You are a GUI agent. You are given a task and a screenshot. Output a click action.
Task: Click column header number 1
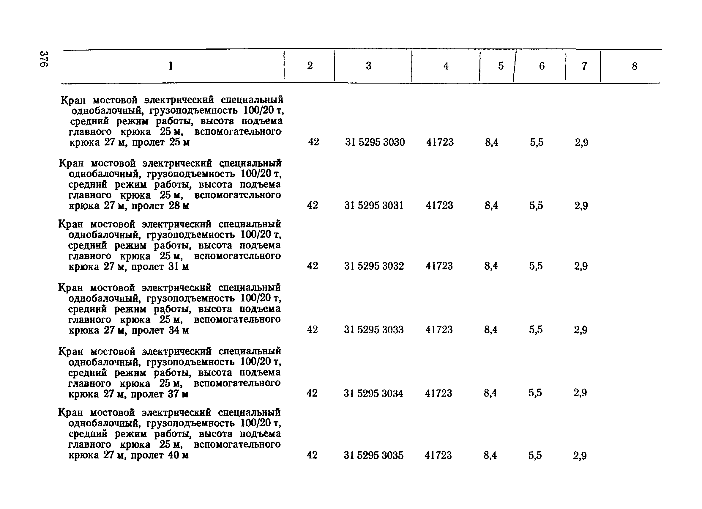(x=171, y=66)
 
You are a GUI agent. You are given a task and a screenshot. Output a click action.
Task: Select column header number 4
(x=446, y=66)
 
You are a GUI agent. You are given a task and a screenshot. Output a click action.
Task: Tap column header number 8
(x=635, y=66)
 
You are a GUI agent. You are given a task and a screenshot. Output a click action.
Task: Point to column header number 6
(x=542, y=66)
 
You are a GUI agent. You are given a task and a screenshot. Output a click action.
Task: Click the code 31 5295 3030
(x=375, y=142)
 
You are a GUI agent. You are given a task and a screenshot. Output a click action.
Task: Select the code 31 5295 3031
(x=374, y=205)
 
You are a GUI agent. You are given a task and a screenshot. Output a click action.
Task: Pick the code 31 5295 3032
(x=374, y=266)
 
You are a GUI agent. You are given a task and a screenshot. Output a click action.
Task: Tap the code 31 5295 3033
(x=374, y=330)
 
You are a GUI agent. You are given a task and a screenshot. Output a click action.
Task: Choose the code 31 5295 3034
(x=373, y=393)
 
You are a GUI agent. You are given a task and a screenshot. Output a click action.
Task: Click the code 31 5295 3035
(x=373, y=455)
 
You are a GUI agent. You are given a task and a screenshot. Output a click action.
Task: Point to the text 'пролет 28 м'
(x=160, y=206)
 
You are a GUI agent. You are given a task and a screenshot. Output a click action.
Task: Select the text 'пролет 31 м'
(x=160, y=266)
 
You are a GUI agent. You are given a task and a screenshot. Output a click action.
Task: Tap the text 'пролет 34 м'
(x=160, y=330)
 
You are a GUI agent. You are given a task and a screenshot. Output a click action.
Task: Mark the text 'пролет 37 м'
(x=160, y=394)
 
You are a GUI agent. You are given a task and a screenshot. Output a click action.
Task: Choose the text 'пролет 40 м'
(x=160, y=455)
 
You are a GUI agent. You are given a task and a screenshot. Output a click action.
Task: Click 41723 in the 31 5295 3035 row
(x=438, y=455)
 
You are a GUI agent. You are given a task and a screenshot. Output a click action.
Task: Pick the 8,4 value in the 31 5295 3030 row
(x=492, y=142)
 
